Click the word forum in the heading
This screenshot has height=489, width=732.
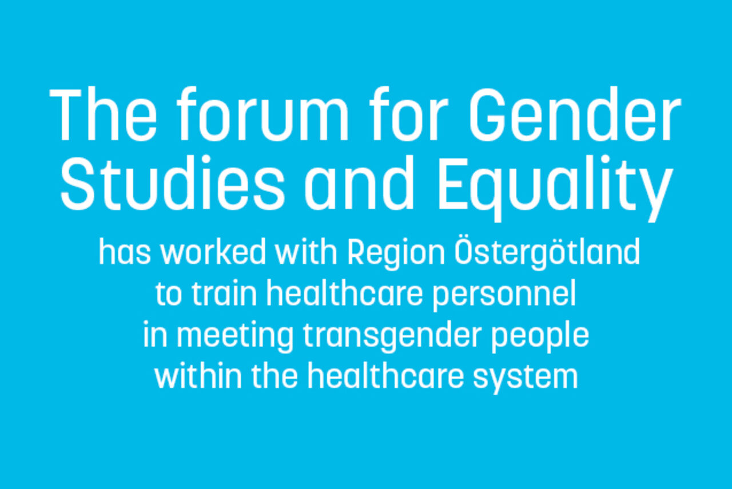pyautogui.click(x=261, y=117)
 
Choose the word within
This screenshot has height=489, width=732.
pyautogui.click(x=193, y=377)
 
